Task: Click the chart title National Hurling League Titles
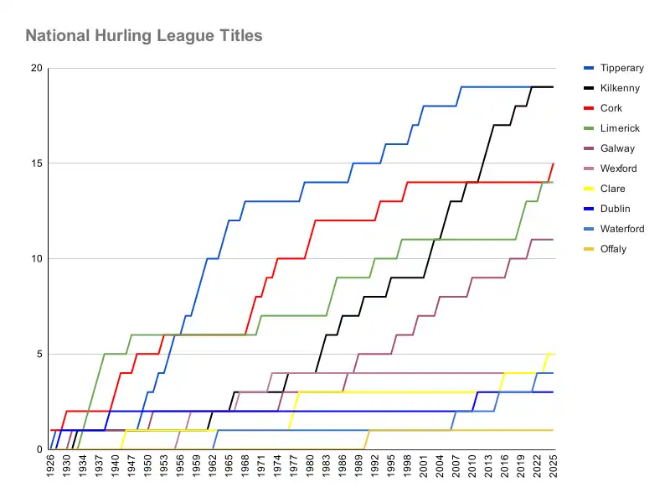[143, 36]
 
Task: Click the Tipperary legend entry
[622, 68]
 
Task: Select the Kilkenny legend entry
[621, 88]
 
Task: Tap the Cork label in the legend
[611, 108]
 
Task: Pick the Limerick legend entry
[620, 128]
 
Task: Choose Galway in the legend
[617, 148]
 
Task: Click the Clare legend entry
[613, 189]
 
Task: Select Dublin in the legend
[615, 209]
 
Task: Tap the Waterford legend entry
[622, 229]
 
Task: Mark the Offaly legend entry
[614, 249]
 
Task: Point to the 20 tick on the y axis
[36, 69]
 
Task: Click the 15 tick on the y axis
[36, 163]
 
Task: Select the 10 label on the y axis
[36, 259]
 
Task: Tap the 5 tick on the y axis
[39, 354]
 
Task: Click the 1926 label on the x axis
[50, 467]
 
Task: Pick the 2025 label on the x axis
[553, 467]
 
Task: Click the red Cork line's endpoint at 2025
[553, 163]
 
